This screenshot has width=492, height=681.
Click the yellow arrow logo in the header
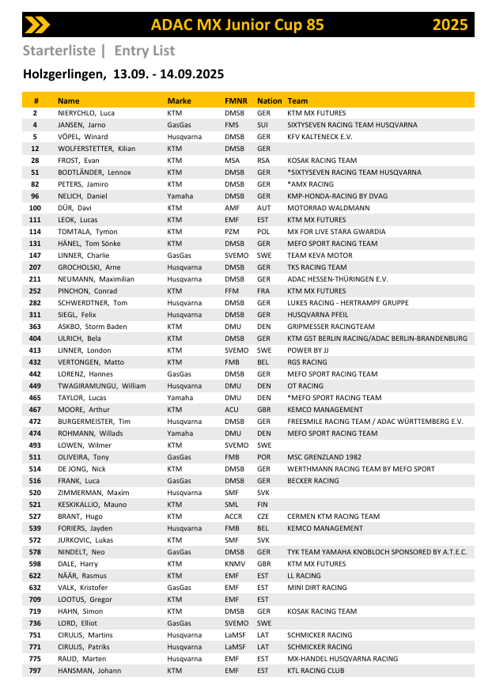tap(37, 25)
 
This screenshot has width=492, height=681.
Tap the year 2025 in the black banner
tap(450, 25)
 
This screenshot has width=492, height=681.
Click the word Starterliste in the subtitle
tap(59, 51)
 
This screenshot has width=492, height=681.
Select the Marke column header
tap(179, 101)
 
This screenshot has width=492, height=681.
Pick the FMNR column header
tap(236, 101)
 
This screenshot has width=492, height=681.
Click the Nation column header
tap(269, 101)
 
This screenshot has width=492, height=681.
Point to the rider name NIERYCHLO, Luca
tap(86, 113)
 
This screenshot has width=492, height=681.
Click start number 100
tap(35, 208)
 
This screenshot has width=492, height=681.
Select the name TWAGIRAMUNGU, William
tap(101, 386)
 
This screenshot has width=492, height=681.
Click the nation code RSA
tap(263, 161)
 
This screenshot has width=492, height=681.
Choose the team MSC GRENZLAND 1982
tap(324, 457)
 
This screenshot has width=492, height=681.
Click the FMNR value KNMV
tap(235, 564)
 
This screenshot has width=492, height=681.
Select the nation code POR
tap(264, 457)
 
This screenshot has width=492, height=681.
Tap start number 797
tap(35, 671)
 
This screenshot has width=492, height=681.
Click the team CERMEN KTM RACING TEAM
tap(333, 516)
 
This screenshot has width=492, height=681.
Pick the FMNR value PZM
tap(233, 232)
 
